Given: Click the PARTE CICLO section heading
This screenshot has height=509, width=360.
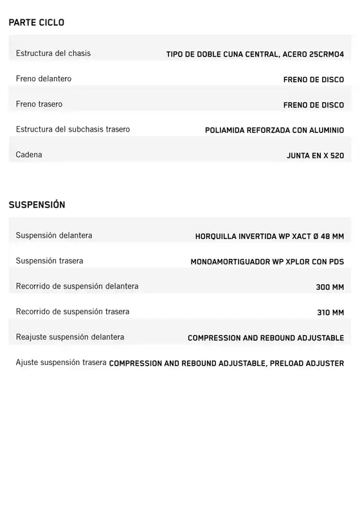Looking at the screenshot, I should [x=36, y=22].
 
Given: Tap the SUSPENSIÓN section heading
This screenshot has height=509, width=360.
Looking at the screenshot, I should [x=37, y=205].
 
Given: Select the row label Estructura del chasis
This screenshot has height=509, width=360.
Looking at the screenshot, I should [x=53, y=53].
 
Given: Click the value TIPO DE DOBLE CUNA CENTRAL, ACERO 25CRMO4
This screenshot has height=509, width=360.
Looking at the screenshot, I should [x=255, y=55].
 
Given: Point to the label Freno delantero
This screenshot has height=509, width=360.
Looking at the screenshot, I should [x=44, y=79].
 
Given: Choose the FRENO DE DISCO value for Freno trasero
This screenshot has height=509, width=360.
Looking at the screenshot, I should [x=313, y=105].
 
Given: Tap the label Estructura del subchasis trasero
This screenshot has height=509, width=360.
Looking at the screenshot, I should [x=73, y=129].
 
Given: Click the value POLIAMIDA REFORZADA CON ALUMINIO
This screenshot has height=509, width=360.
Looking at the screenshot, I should [x=274, y=130].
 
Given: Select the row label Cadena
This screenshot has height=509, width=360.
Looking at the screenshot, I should [x=29, y=155].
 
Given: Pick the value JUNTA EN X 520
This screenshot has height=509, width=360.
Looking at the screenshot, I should [x=315, y=156].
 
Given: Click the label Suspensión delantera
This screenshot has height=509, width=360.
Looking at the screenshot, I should [x=54, y=236].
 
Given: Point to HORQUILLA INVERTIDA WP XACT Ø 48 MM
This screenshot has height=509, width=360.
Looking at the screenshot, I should [x=269, y=237].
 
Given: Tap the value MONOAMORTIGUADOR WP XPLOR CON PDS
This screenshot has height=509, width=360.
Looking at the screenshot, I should [x=267, y=262].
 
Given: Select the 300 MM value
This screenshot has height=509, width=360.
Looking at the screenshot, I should [x=330, y=287].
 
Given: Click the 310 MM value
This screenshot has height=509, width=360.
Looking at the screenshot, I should [x=330, y=313].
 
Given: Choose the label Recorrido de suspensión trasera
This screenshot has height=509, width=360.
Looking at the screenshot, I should [x=73, y=312].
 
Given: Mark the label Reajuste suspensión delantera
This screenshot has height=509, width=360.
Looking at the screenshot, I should [x=70, y=337].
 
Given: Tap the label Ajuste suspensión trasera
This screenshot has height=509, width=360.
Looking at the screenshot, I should [x=61, y=362].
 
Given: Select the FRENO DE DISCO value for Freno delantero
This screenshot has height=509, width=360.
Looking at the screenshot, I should [x=313, y=80].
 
